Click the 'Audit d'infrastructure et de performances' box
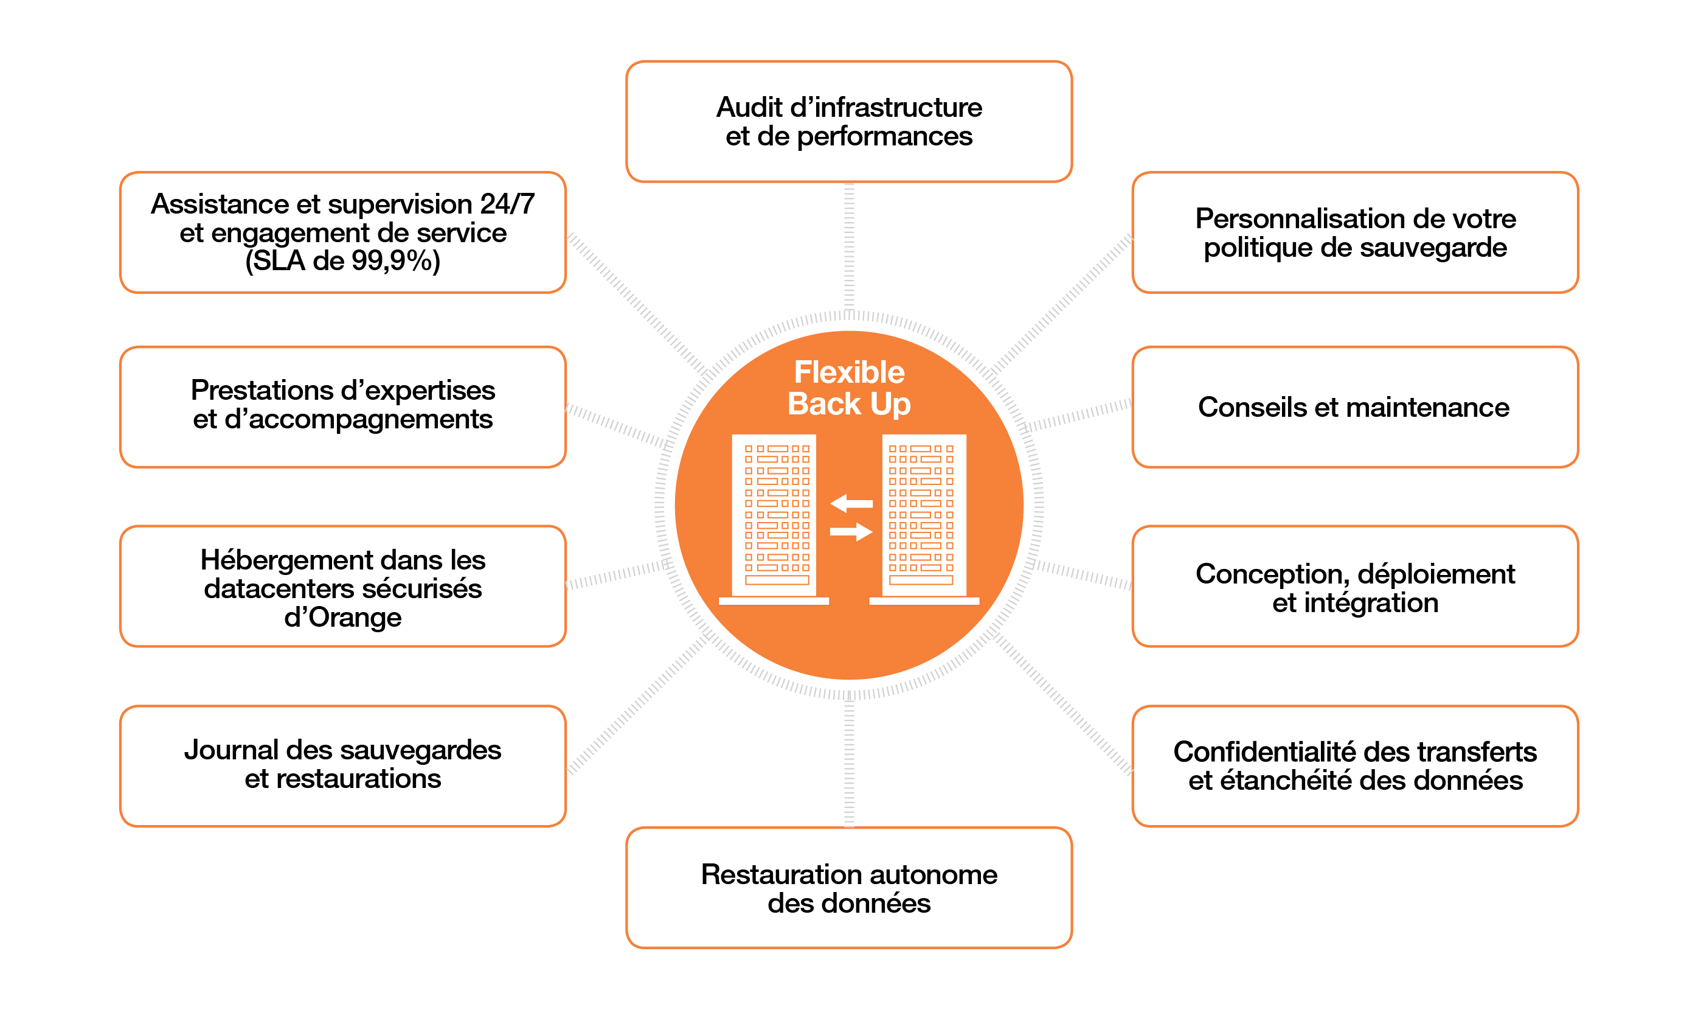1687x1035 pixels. click(x=848, y=121)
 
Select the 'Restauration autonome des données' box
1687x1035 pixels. click(x=848, y=888)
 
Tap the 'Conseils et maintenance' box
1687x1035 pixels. click(x=1354, y=407)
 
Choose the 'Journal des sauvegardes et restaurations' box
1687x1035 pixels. click(x=342, y=765)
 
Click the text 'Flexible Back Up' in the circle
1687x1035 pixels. click(x=849, y=388)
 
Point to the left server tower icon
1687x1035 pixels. click(x=774, y=517)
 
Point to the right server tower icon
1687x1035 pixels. click(x=924, y=517)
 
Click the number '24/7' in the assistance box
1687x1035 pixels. click(x=507, y=204)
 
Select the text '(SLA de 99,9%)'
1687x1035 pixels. click(x=342, y=260)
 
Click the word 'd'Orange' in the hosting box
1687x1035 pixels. click(x=342, y=618)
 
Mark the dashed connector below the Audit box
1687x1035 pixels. click(x=849, y=246)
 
